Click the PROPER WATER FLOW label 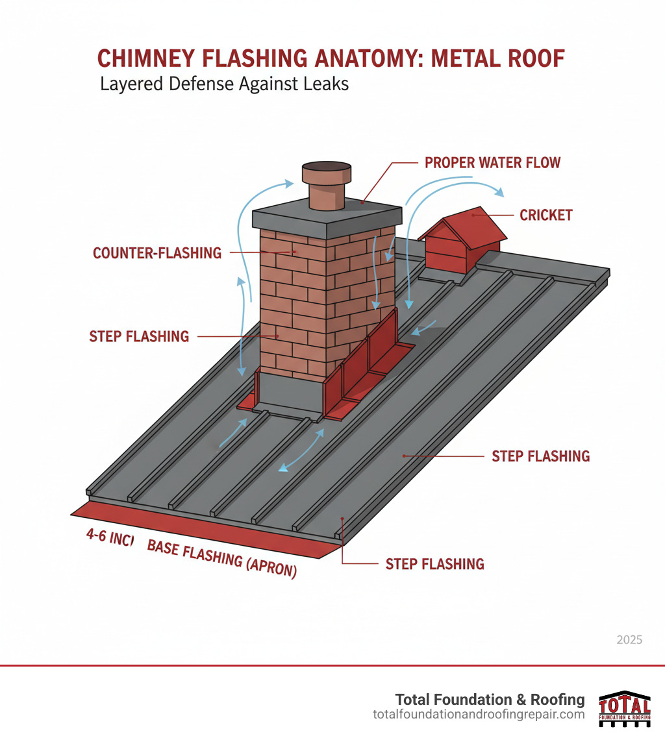(x=492, y=162)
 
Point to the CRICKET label (x=546, y=215)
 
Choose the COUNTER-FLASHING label (x=157, y=253)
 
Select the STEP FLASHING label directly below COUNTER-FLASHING (x=139, y=336)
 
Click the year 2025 (x=629, y=640)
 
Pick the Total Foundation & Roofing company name (x=490, y=700)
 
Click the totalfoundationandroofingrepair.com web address (x=479, y=715)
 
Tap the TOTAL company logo (x=624, y=708)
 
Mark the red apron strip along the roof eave (x=208, y=526)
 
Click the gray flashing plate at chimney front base (x=290, y=396)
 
